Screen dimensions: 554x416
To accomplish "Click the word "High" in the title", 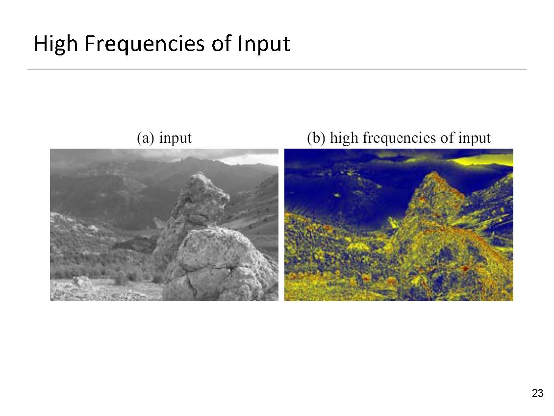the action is tap(56, 44).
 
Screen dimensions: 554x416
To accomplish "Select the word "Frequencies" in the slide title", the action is tap(145, 44).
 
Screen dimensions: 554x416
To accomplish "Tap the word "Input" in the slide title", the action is tap(264, 44).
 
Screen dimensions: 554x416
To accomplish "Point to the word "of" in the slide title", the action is tap(221, 43).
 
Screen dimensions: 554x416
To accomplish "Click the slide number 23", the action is tap(537, 393).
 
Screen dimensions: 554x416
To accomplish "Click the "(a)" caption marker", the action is tap(146, 138).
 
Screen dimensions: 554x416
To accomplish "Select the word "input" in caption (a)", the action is tap(175, 138).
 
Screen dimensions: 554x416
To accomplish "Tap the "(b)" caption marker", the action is tap(316, 138).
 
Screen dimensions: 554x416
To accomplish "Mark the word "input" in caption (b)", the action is tap(474, 138).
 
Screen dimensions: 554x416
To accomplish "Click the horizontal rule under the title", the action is tap(277, 69).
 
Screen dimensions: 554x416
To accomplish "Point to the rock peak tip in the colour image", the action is tap(434, 173).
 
